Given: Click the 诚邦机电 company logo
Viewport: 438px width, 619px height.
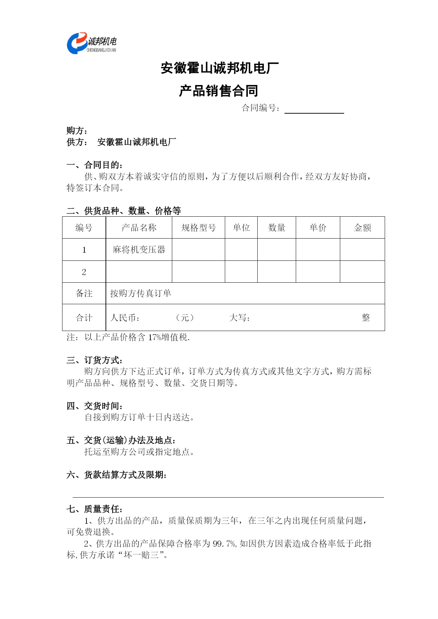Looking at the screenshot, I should [x=91, y=43].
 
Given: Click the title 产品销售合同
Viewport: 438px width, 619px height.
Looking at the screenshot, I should [x=218, y=91].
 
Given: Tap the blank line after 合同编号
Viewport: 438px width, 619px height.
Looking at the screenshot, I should [x=314, y=109].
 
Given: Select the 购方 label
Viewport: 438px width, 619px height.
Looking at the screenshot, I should [x=77, y=131].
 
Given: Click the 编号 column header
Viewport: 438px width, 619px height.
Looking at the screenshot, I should [x=84, y=228].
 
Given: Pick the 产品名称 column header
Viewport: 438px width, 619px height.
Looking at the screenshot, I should [x=139, y=228].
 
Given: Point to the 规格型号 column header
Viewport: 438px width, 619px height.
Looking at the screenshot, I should [x=198, y=228].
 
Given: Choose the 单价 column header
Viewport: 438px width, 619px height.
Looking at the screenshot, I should [x=318, y=228].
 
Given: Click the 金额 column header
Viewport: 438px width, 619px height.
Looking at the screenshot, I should [x=362, y=228].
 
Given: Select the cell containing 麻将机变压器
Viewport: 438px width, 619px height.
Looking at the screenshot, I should [x=139, y=250].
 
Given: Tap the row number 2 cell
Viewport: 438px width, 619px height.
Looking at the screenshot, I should [x=84, y=272].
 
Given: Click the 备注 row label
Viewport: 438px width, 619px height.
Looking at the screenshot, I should [x=84, y=293].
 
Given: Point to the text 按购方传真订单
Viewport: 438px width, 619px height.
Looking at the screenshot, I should [x=140, y=293].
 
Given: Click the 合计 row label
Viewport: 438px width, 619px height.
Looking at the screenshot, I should [x=84, y=318].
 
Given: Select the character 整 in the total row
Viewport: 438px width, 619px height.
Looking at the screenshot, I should [x=366, y=318].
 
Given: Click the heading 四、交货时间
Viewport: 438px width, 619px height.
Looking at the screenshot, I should [x=95, y=406].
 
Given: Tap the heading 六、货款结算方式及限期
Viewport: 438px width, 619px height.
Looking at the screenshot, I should [x=116, y=475].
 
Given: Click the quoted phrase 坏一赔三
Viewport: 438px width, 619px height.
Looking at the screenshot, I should [x=142, y=555].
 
